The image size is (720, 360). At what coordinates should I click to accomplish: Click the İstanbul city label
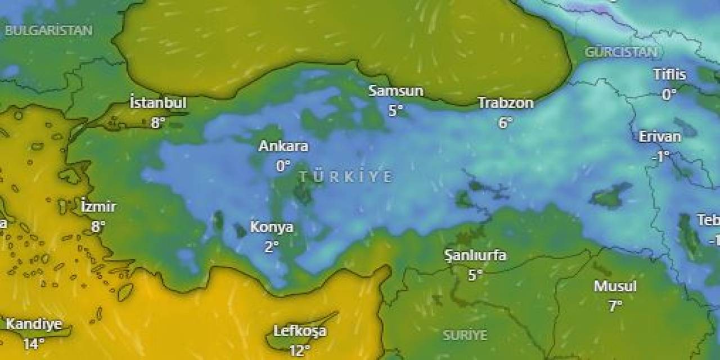coord(158,103)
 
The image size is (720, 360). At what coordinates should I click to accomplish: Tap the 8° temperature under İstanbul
coord(158,122)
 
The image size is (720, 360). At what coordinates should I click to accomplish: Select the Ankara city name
coord(283,146)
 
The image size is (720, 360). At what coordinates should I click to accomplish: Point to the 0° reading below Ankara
coord(283,166)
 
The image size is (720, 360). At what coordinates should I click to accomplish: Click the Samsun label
coord(396,91)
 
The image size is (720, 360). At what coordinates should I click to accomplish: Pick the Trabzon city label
coord(505,103)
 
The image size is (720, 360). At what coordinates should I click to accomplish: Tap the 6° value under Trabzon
coord(505,123)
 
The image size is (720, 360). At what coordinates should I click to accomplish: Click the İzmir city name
coord(98,207)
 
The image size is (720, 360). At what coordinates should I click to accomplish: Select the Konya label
coord(272,227)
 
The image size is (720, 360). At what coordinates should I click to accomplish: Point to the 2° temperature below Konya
coord(272,247)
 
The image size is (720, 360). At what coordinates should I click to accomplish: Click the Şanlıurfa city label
coord(475,255)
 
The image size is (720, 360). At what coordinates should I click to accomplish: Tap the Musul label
coord(615,286)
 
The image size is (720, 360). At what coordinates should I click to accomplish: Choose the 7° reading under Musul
coord(615,306)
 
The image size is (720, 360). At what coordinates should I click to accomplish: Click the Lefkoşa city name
coord(300,331)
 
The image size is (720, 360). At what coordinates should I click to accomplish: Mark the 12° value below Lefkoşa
coord(300,351)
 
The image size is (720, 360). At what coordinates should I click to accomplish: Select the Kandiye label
coord(34,325)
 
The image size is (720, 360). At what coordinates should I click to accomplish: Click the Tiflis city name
coord(669,74)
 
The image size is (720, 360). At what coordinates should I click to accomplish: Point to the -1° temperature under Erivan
coord(660,156)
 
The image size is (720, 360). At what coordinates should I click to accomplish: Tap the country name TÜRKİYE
coord(345,177)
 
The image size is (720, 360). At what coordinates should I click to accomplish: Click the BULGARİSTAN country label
coord(49,31)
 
